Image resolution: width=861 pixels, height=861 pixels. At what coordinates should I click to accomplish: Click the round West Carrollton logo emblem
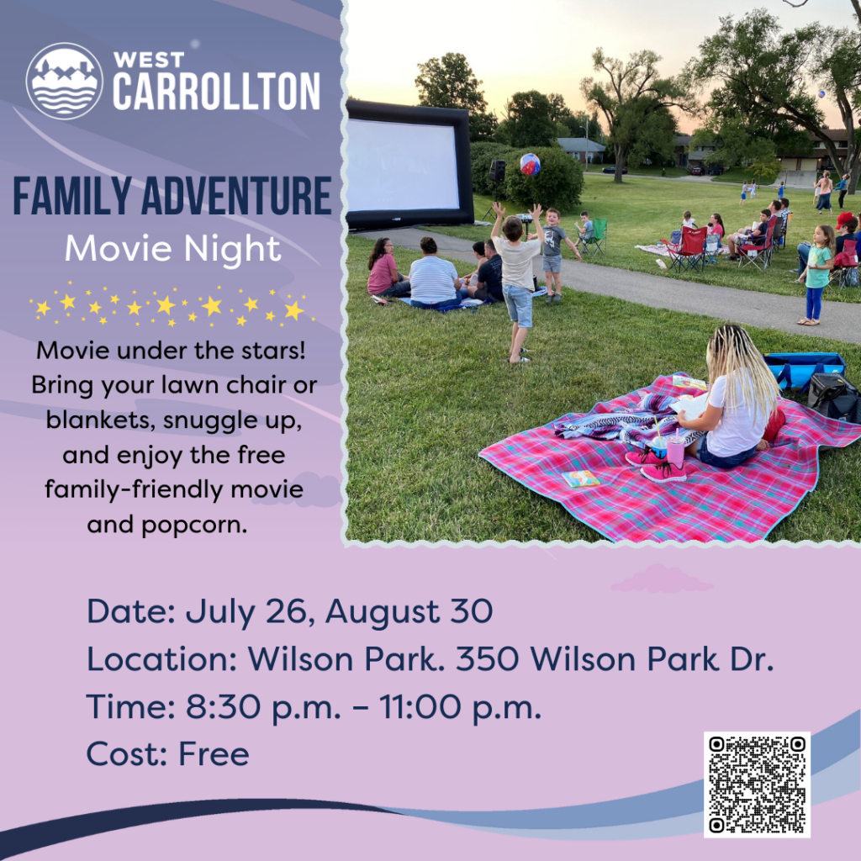coord(65,81)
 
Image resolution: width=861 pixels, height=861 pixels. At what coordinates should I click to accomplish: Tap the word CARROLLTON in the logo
coord(216,92)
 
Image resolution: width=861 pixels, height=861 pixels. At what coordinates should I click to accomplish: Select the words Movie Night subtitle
coord(172,248)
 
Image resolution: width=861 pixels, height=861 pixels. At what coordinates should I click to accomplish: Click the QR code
coord(757,784)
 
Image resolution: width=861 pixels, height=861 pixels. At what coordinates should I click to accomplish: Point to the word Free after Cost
coord(214,754)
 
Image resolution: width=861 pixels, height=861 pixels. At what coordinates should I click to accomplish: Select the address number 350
coord(487,659)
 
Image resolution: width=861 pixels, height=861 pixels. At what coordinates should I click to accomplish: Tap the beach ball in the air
coord(530,164)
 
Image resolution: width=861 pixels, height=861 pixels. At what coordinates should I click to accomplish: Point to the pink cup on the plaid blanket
coord(674,452)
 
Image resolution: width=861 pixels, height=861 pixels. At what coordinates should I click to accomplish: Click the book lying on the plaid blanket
coord(580,478)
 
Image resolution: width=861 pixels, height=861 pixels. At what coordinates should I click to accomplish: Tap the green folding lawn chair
coord(596,236)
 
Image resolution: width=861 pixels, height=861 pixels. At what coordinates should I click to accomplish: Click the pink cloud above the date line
coord(662,578)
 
